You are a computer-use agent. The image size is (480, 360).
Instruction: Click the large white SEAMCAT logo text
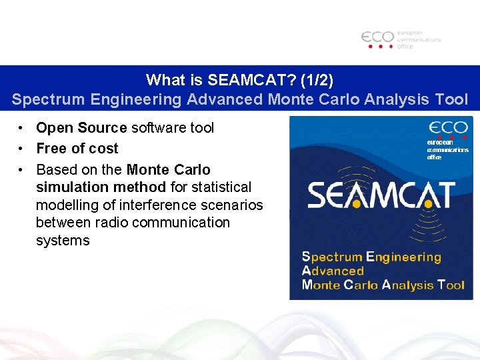(x=381, y=195)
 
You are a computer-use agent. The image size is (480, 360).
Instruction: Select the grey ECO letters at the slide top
(x=377, y=37)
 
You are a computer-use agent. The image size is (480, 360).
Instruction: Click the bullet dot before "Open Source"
(x=22, y=128)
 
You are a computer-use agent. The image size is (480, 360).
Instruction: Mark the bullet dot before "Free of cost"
(x=22, y=149)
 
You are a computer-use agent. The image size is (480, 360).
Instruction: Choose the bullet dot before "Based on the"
(x=22, y=170)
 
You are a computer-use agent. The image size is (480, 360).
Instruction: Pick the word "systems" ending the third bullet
(x=63, y=241)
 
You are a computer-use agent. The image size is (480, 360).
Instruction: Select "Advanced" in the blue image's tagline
(x=333, y=271)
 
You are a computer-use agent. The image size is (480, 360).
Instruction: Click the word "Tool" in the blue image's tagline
(x=451, y=285)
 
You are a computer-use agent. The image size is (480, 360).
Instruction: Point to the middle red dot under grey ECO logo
(x=381, y=47)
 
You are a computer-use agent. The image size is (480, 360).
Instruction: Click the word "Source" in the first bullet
(x=102, y=128)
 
